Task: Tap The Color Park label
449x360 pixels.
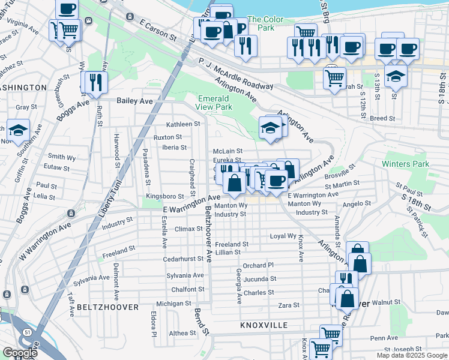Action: pos(264,24)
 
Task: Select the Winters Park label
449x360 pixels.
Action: pos(413,164)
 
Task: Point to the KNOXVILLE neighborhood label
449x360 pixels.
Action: pos(264,325)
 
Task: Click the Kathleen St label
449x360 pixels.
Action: pos(182,124)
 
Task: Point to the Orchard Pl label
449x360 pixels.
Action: pos(258,265)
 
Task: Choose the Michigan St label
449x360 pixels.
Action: pos(174,304)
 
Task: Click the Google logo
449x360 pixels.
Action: pos(20,353)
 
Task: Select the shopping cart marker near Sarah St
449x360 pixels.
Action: pos(334,77)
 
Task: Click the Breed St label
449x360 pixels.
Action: pos(382,118)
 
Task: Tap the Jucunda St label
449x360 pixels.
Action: pos(259,278)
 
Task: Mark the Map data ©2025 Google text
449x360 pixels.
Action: pos(412,355)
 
